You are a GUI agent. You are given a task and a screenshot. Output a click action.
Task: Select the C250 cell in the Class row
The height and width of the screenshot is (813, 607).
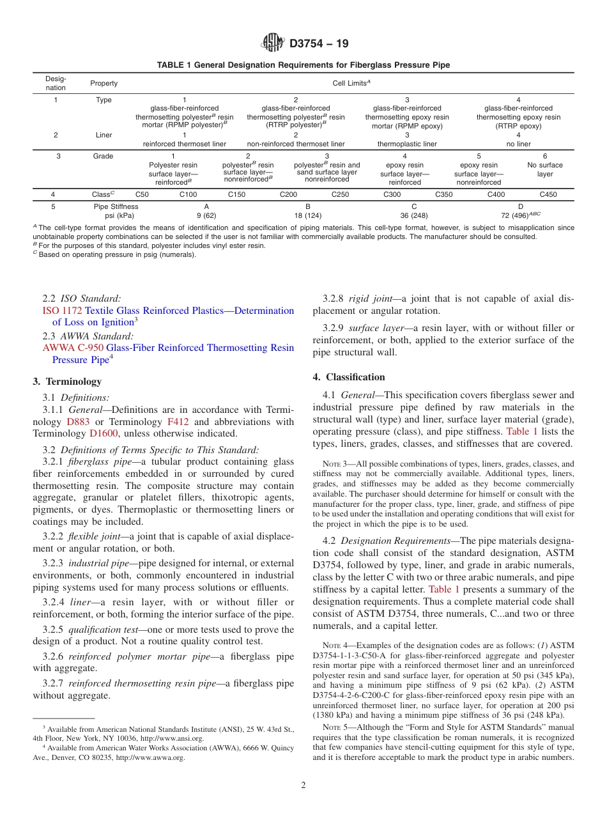[x=340, y=194]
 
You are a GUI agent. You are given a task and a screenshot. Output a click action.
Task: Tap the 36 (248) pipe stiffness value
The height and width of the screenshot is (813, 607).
[x=414, y=215]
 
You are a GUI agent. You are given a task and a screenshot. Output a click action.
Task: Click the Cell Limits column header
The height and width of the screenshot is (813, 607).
[x=351, y=83]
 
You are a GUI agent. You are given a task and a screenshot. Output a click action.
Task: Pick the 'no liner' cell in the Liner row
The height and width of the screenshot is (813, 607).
[x=518, y=144]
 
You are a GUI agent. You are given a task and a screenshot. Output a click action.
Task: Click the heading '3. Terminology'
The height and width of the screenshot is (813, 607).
[x=67, y=382]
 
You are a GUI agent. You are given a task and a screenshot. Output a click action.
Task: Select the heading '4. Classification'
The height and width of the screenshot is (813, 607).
[x=349, y=376]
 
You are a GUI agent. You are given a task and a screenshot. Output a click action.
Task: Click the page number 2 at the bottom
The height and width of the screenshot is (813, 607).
[x=303, y=785]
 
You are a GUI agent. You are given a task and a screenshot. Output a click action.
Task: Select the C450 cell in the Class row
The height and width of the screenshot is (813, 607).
[x=548, y=194]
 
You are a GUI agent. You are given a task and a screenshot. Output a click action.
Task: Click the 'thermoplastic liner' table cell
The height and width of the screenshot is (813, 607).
[x=407, y=144]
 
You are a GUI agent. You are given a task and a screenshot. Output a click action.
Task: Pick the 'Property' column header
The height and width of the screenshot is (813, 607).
[x=104, y=83]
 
